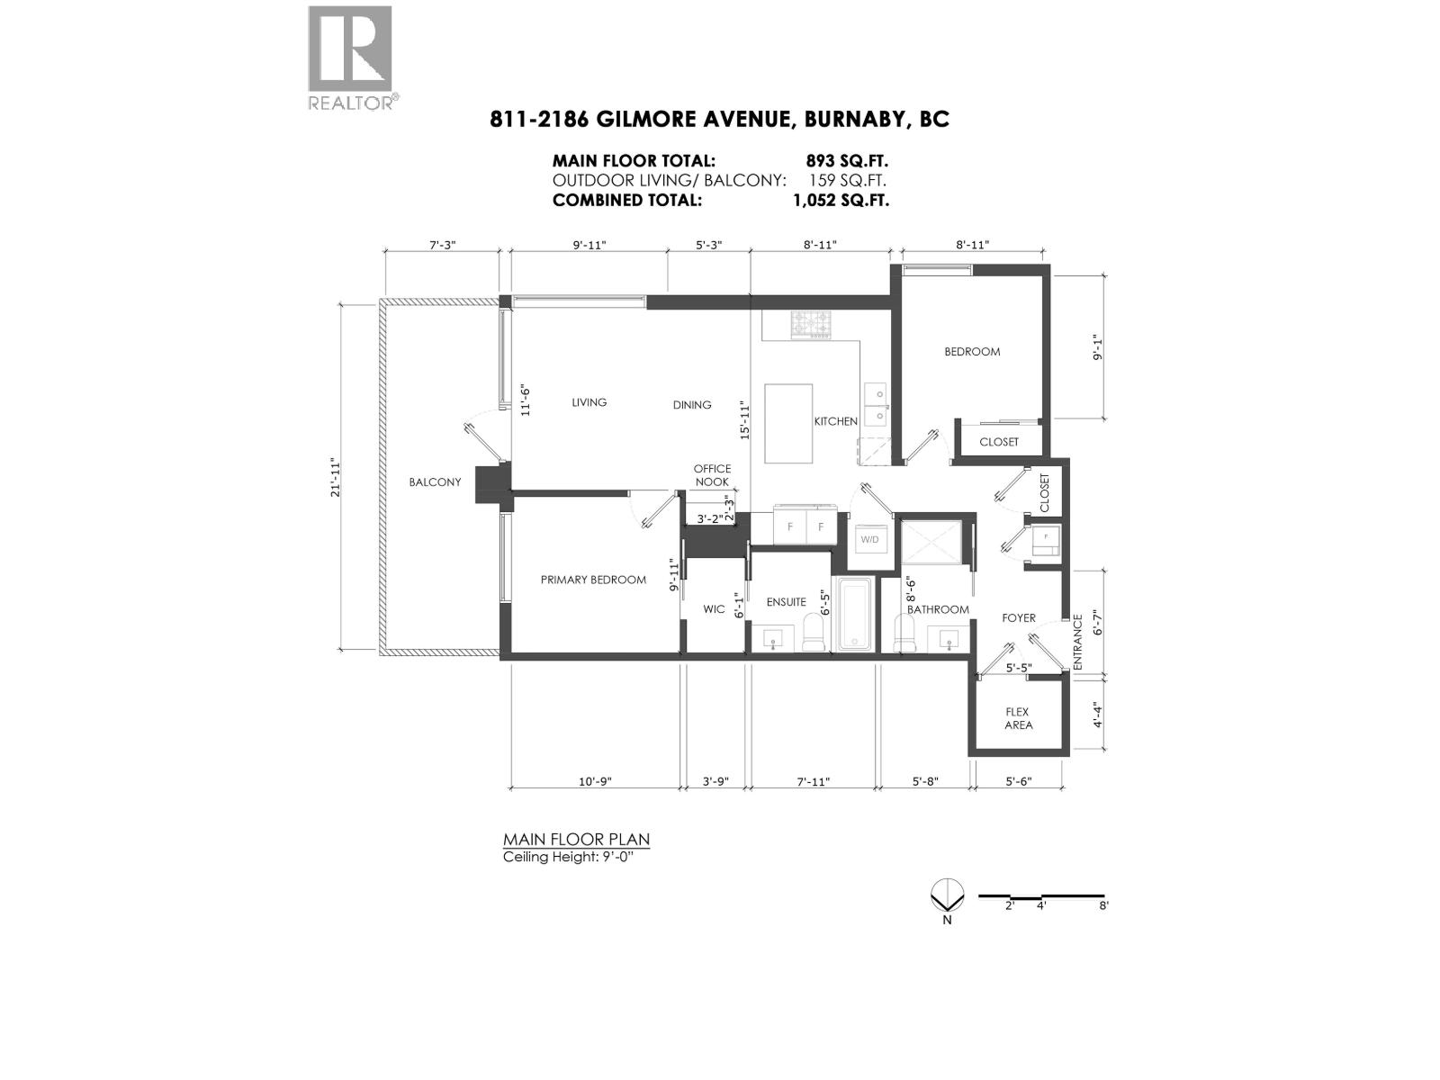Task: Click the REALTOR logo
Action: tap(351, 56)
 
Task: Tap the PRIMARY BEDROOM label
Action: tap(593, 580)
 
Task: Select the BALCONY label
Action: tap(435, 482)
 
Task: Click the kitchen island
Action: tap(788, 423)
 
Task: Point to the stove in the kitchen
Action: tap(812, 325)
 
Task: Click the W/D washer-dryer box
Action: tap(869, 540)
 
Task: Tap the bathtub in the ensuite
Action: tap(854, 615)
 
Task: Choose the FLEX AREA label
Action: tap(1018, 718)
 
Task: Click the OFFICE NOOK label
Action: tap(712, 475)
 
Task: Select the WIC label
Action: tap(714, 609)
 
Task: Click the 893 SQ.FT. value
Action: tap(847, 161)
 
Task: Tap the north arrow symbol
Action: tap(947, 897)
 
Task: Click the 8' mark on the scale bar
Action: tap(1103, 906)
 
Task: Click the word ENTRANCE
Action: tap(1078, 642)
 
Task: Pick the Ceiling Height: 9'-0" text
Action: tap(574, 857)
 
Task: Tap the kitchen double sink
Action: tap(875, 404)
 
